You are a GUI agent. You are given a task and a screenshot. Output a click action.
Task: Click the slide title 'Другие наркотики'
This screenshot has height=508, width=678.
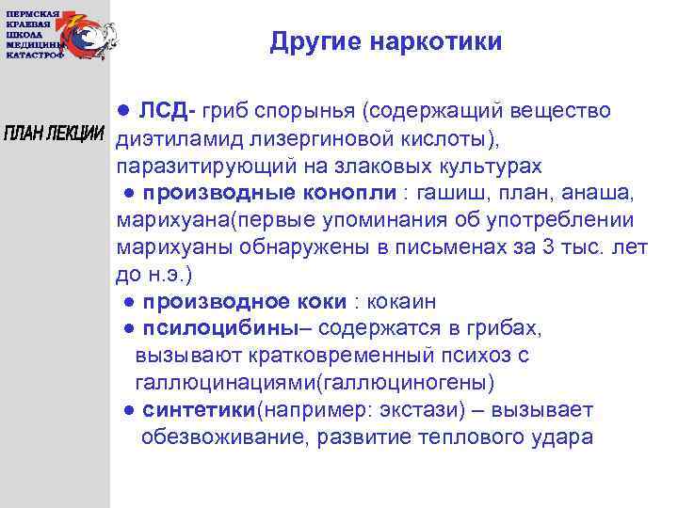pyautogui.click(x=385, y=42)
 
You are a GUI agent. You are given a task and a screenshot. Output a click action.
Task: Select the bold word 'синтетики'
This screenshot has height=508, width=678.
pyautogui.click(x=201, y=411)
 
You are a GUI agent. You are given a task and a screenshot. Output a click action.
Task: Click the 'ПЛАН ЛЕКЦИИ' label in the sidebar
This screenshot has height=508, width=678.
pyautogui.click(x=55, y=133)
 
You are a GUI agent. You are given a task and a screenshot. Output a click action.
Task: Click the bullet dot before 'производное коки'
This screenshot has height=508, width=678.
pyautogui.click(x=128, y=303)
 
